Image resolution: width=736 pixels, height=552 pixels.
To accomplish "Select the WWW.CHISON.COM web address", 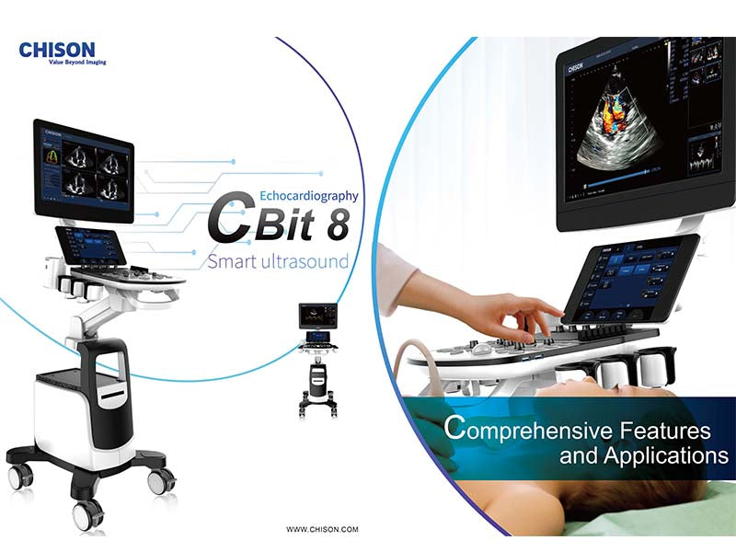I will [x=322, y=529].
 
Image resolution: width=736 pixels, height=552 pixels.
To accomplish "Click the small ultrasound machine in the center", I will [x=318, y=359].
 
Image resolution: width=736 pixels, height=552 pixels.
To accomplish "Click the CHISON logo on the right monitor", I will [x=574, y=67].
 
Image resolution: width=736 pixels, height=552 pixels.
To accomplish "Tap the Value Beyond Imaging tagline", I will [x=63, y=62].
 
